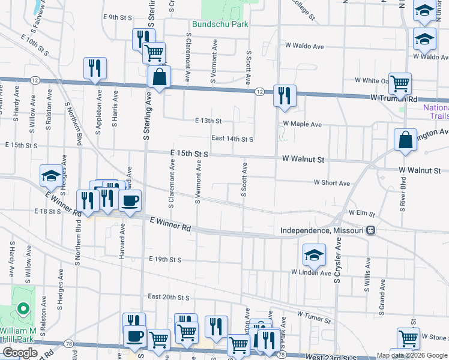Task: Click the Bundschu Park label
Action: tap(220, 25)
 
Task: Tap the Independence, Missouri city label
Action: tap(324, 230)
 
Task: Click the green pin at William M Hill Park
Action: tap(23, 309)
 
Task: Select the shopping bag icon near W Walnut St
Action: tap(405, 140)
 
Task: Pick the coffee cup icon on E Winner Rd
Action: tap(130, 201)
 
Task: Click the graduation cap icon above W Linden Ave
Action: tap(313, 255)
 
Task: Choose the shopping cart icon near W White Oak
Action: tap(399, 83)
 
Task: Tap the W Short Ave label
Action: tap(332, 183)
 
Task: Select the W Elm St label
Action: tap(362, 214)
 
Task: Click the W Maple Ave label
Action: tap(303, 124)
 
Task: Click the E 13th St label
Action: tap(208, 121)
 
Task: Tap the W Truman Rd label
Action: tap(393, 97)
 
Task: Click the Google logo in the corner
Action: tap(20, 353)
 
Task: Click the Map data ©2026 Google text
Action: tap(412, 355)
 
